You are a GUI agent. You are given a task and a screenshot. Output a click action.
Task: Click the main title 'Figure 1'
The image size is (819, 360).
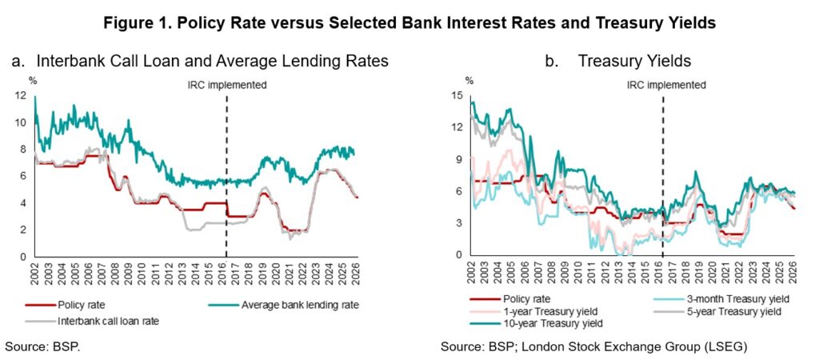click(409, 22)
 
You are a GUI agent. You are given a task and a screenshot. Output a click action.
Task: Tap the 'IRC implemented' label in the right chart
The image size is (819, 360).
click(666, 84)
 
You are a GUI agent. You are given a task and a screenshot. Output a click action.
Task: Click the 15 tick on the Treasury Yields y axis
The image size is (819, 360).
click(459, 96)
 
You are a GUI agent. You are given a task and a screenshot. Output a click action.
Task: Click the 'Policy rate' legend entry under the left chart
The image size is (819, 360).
click(84, 304)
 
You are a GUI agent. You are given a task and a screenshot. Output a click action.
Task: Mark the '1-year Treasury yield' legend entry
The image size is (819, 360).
click(545, 310)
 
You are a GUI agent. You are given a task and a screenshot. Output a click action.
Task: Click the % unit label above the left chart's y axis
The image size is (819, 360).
click(33, 80)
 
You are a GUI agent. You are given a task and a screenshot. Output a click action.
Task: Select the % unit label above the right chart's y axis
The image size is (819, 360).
click(469, 80)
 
